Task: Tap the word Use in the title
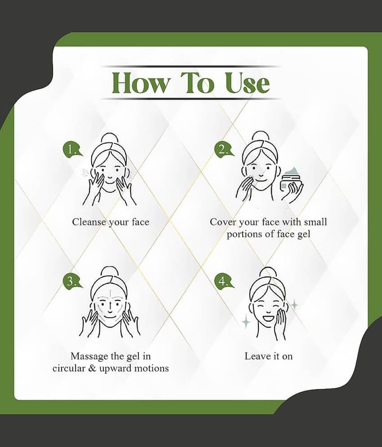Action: click(x=247, y=83)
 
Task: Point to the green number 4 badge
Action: click(x=224, y=282)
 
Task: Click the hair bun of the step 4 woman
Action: click(x=268, y=274)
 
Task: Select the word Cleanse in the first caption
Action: click(x=89, y=222)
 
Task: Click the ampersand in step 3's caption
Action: click(x=92, y=368)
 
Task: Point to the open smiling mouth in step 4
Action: click(x=268, y=317)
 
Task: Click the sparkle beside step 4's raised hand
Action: click(x=294, y=305)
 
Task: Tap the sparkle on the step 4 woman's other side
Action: click(x=246, y=322)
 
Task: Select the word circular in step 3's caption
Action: click(x=68, y=368)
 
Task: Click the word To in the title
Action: click(x=197, y=83)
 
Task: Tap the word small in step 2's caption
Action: click(x=315, y=222)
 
